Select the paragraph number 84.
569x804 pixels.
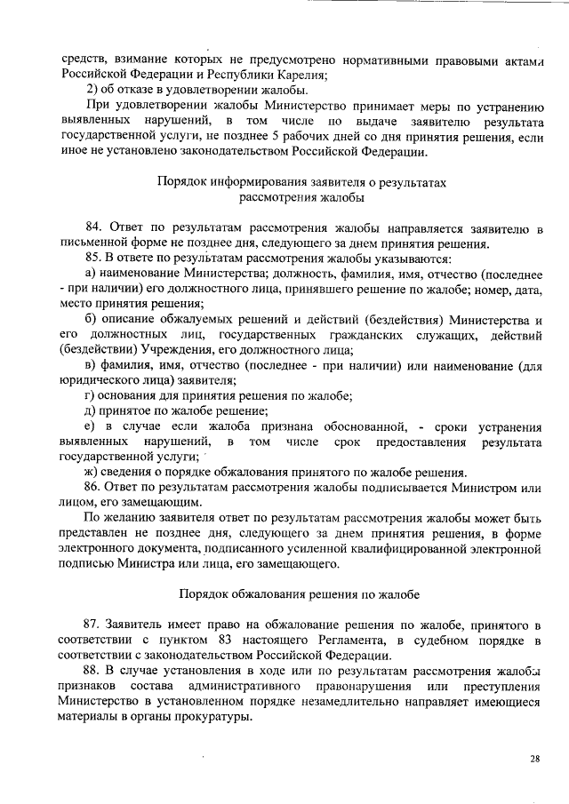(x=92, y=229)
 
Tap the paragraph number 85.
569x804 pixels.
(x=92, y=258)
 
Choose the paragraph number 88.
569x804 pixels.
(x=92, y=668)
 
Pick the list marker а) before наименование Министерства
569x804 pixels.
(x=90, y=272)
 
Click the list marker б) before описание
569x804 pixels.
(x=90, y=319)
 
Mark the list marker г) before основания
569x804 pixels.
(x=89, y=394)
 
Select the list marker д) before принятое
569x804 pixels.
(x=90, y=410)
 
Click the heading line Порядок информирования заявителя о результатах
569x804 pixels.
(x=301, y=181)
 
